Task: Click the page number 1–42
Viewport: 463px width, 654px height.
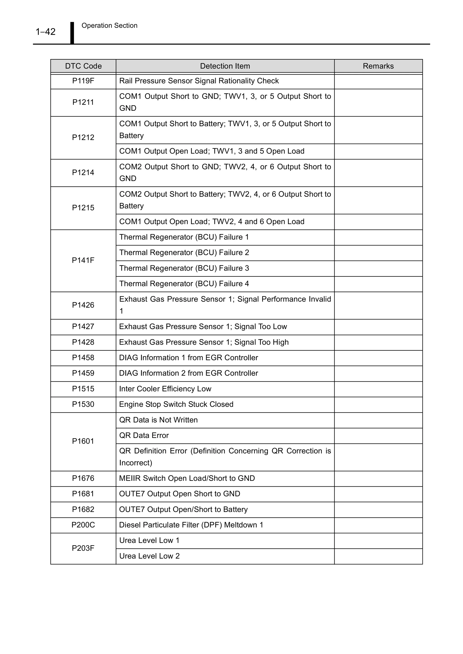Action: [x=45, y=32]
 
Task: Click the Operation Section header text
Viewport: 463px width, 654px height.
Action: [x=109, y=26]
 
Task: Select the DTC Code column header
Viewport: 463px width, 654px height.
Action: [x=83, y=66]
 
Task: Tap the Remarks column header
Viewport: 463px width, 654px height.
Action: [x=378, y=66]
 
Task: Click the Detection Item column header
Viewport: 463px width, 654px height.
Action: [x=225, y=66]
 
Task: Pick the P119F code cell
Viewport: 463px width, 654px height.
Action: [x=83, y=81]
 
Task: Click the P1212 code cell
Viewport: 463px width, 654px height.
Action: [x=83, y=137]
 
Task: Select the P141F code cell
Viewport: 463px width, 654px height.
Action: [x=83, y=260]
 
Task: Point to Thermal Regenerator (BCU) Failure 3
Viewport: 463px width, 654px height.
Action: [x=184, y=268]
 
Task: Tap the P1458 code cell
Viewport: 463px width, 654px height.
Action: [x=83, y=358]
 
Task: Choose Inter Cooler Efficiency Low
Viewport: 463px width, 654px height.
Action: [x=165, y=389]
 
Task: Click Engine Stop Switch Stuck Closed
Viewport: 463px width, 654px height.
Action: [x=176, y=405]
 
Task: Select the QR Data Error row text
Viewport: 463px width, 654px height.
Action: [x=144, y=435]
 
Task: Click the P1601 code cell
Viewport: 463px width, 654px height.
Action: [x=83, y=441]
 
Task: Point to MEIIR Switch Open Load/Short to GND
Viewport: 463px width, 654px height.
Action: [x=187, y=478]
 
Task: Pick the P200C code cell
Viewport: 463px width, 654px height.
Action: [x=83, y=525]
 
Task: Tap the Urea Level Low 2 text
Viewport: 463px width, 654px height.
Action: [x=149, y=556]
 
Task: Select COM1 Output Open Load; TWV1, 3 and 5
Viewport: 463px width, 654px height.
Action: [x=212, y=151]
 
